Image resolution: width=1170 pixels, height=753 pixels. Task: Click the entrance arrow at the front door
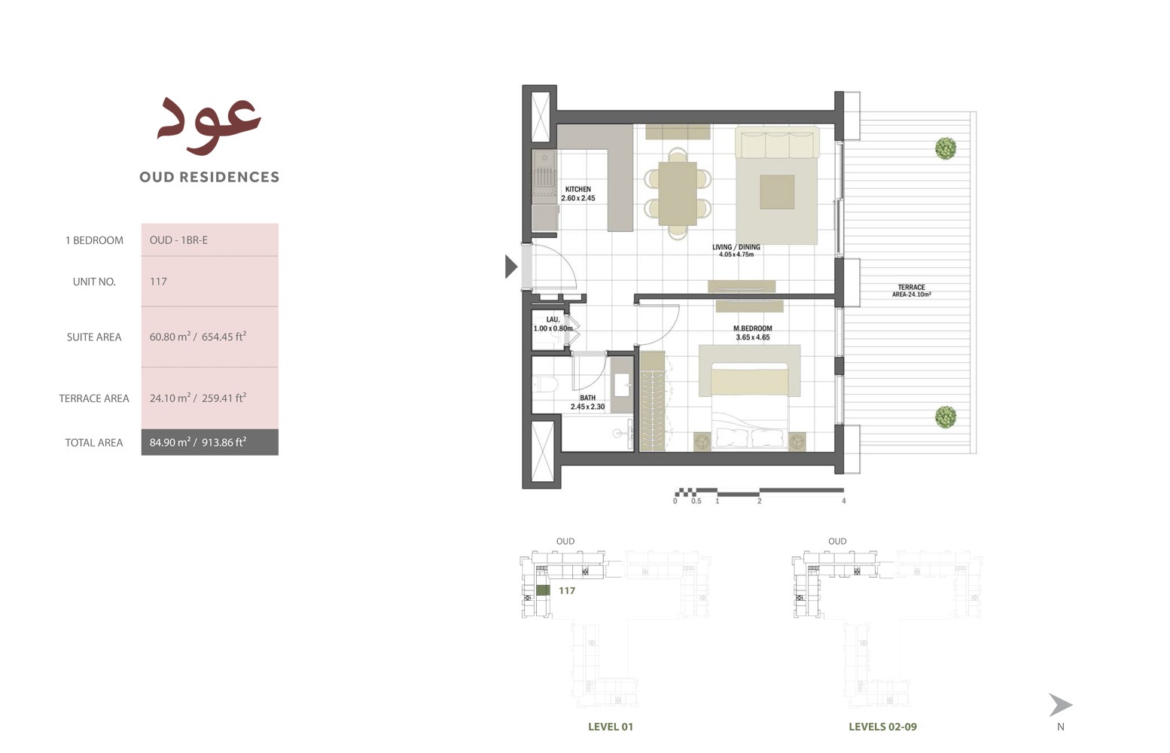click(x=511, y=267)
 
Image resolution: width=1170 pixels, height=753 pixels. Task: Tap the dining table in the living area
click(x=678, y=193)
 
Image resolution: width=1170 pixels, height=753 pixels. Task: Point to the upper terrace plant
click(x=946, y=148)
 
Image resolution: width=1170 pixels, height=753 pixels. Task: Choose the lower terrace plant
click(x=946, y=416)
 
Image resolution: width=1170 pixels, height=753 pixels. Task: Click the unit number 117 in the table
click(x=158, y=282)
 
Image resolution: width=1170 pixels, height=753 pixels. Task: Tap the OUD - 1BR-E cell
click(x=178, y=240)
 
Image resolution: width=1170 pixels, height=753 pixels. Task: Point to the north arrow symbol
click(x=1060, y=706)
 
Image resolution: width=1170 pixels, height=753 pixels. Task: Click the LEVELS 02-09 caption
click(x=882, y=727)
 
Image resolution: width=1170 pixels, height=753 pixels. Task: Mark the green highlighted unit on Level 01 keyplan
click(x=543, y=591)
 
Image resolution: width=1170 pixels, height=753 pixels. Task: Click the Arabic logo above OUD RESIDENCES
click(x=209, y=124)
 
